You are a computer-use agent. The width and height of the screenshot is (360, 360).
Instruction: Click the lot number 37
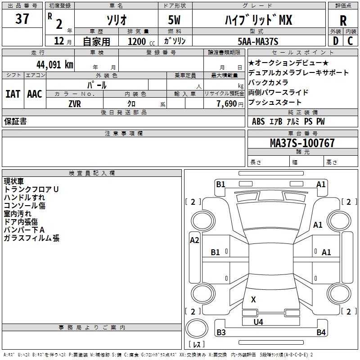pos(22,19)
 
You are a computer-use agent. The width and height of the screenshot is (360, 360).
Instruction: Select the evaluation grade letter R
pos(343,20)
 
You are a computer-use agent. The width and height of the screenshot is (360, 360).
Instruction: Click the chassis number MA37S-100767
pos(302,143)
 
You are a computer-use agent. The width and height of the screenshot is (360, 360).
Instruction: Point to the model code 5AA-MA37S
pos(258,41)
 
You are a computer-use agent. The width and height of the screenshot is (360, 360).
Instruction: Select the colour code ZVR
pos(75,103)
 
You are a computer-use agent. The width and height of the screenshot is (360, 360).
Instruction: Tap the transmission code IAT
pos(13,94)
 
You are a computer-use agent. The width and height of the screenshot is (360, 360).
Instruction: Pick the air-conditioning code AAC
pos(35,94)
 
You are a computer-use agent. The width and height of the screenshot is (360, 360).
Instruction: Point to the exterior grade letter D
pos(335,41)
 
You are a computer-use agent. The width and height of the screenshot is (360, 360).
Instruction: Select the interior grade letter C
pos(350,41)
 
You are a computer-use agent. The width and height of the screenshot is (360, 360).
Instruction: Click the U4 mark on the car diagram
pos(258,322)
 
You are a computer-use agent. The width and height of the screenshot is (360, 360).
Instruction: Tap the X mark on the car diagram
pos(253,299)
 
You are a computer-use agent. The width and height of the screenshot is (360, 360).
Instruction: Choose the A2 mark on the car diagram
pos(194,240)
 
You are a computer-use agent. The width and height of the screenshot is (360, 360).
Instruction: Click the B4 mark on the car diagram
pos(321,333)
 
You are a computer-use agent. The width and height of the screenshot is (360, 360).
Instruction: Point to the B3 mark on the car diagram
pos(221,333)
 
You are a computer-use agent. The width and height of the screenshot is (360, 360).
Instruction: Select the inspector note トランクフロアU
pos(31,189)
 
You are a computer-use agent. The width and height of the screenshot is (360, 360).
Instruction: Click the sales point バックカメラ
pos(268,82)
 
